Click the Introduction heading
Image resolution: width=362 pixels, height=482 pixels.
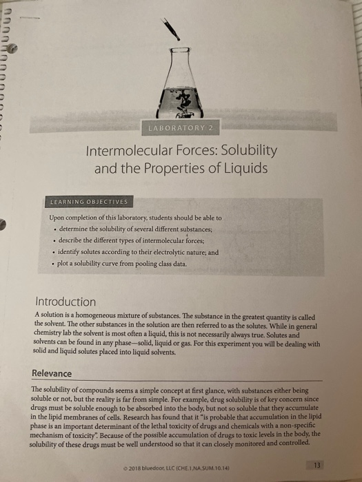[x=66, y=302]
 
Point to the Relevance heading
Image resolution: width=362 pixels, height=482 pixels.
[x=52, y=373]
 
